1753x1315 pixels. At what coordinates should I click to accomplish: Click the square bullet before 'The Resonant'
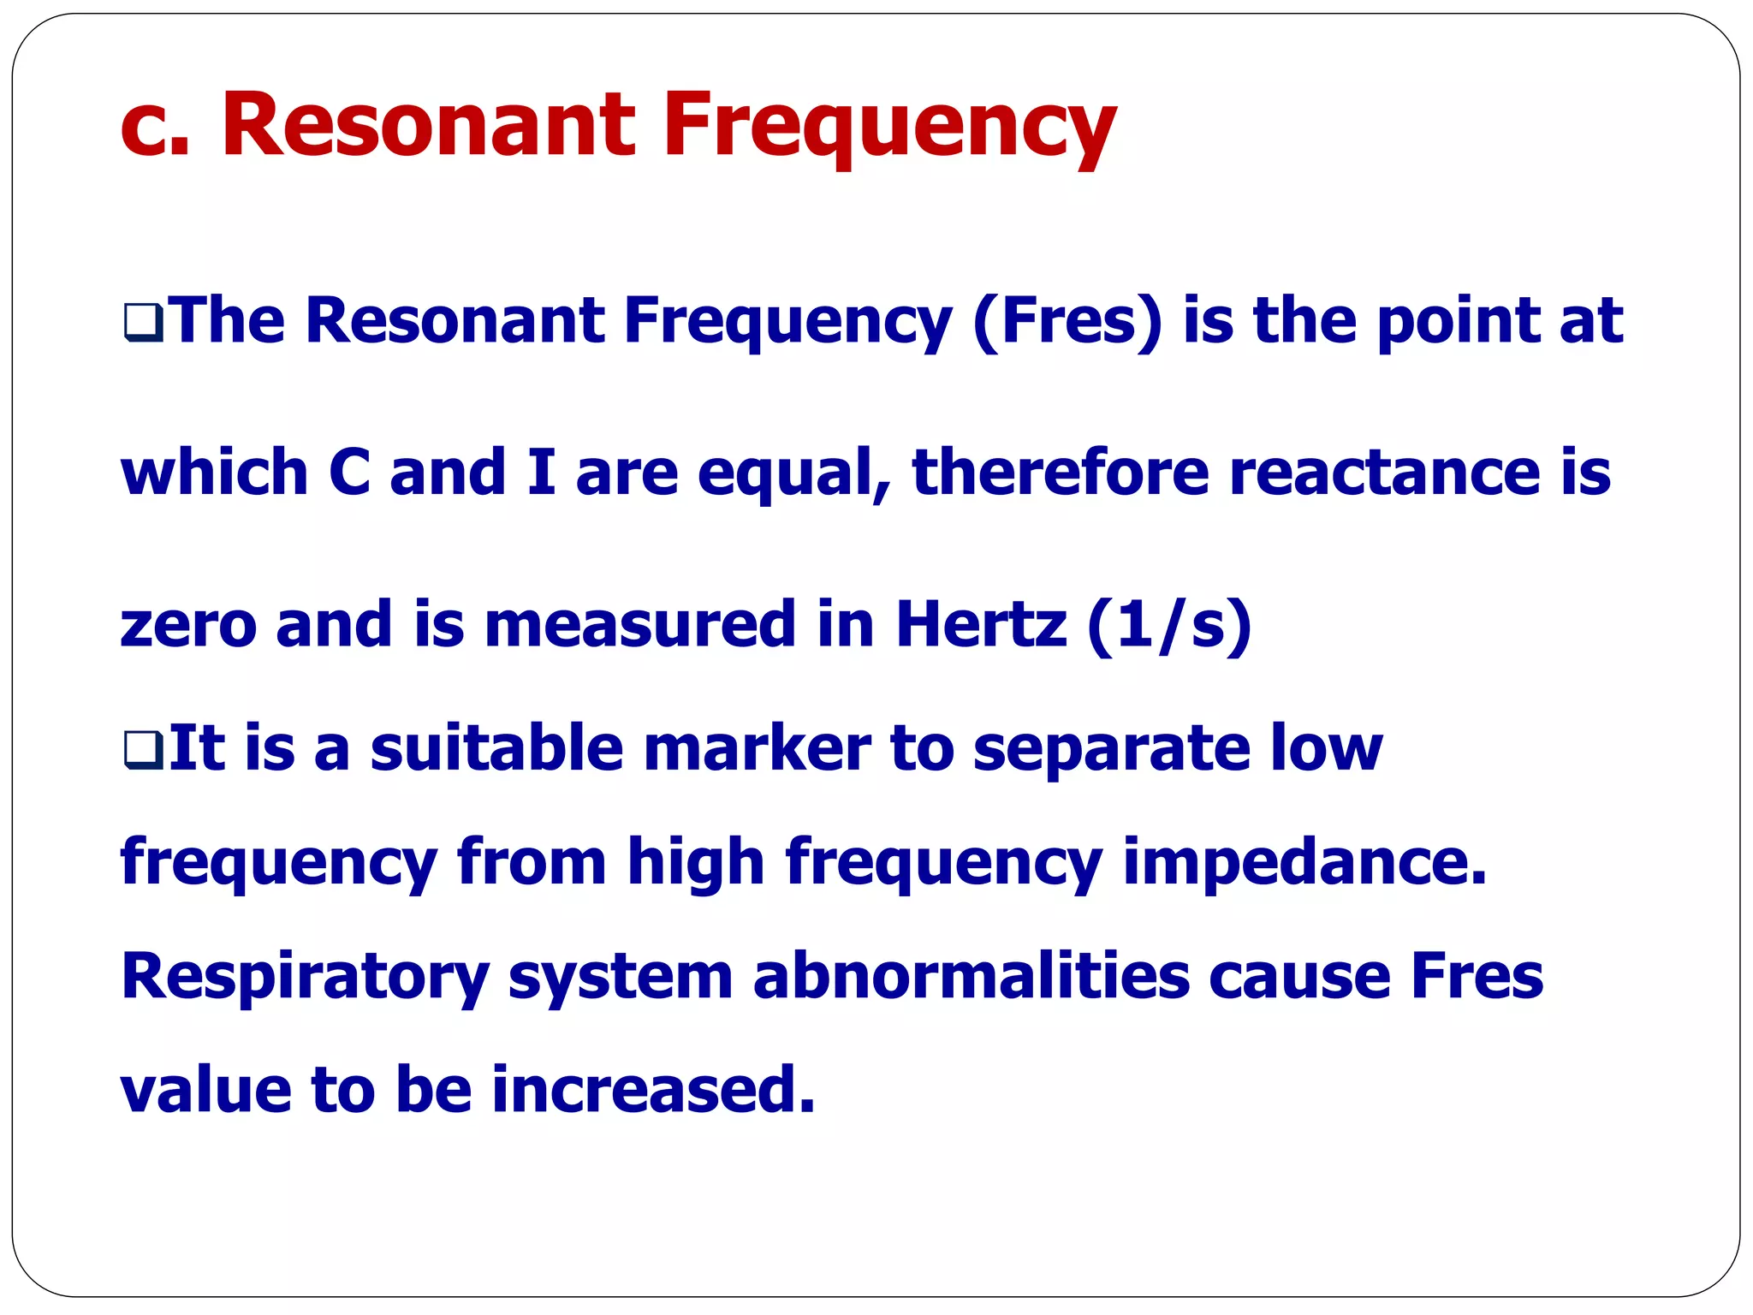143,324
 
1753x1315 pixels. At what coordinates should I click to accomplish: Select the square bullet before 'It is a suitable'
143,750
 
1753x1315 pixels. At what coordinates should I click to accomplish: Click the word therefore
1061,473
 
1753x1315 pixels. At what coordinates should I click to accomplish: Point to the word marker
757,748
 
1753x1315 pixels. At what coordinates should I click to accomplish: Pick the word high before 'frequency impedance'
695,862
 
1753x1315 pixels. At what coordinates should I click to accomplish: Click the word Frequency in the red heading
889,126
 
